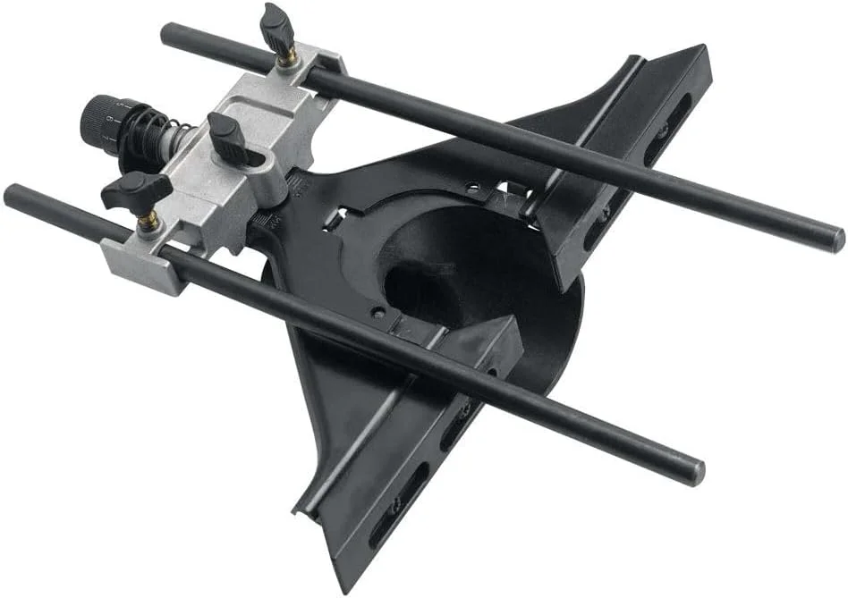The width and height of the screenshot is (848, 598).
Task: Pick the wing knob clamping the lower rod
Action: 134,190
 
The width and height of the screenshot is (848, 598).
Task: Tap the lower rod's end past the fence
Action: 694,473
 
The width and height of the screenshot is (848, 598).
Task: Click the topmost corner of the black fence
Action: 702,50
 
